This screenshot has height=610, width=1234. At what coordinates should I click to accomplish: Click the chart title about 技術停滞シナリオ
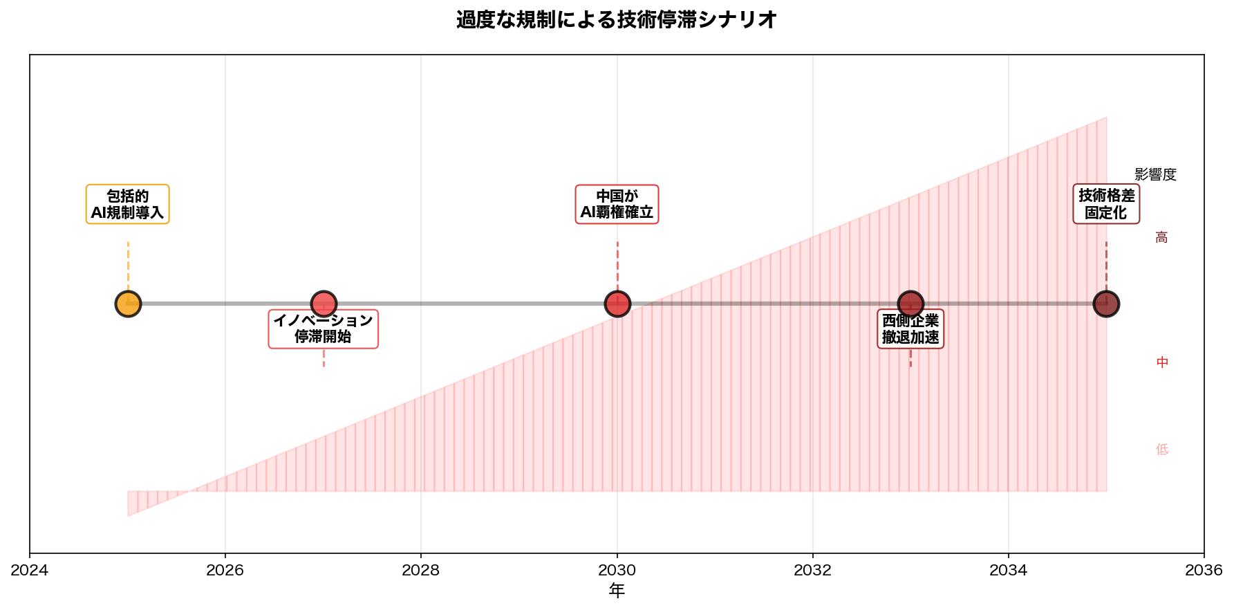[x=616, y=20]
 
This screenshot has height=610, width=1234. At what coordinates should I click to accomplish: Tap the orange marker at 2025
[x=128, y=304]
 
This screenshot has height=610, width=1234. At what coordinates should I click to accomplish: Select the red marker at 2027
[x=324, y=304]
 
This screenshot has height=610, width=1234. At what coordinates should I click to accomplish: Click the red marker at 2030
[x=617, y=304]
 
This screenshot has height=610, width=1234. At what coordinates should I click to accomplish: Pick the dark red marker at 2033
[x=910, y=304]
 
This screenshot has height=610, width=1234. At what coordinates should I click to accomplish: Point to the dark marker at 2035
[x=1106, y=304]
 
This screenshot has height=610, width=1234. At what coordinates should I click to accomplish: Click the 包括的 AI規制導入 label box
[x=128, y=204]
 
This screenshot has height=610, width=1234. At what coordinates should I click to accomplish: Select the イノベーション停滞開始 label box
[x=324, y=329]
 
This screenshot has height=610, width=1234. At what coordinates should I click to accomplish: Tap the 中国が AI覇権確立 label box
[x=617, y=204]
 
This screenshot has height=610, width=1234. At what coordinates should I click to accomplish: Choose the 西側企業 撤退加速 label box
[x=910, y=329]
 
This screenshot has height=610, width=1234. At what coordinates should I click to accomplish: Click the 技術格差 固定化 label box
[x=1106, y=204]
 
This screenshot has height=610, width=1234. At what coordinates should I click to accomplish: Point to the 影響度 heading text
[x=1155, y=175]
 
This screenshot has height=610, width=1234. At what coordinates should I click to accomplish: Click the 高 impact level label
[x=1161, y=238]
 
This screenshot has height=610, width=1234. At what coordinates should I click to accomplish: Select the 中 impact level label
[x=1162, y=362]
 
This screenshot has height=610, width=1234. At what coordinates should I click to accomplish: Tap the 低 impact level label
[x=1162, y=450]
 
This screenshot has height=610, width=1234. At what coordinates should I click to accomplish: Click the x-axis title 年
[x=617, y=591]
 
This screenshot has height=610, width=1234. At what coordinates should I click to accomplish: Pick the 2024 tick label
[x=30, y=570]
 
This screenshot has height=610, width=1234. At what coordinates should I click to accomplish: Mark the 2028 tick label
[x=421, y=570]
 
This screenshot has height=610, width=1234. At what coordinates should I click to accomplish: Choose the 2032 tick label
[x=813, y=570]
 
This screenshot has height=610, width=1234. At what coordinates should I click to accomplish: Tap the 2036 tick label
[x=1204, y=570]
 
